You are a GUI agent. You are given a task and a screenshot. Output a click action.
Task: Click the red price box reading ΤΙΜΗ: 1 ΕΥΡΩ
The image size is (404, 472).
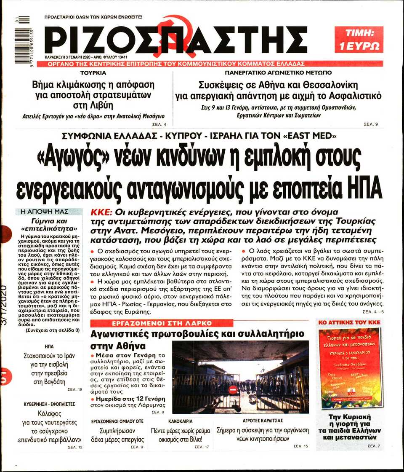tap(359, 39)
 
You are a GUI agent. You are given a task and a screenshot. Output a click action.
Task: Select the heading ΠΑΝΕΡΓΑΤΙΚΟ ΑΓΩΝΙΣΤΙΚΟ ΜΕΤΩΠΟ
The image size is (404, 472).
tap(278, 73)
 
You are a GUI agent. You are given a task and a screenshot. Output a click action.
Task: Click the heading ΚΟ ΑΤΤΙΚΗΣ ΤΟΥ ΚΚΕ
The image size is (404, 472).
tap(349, 323)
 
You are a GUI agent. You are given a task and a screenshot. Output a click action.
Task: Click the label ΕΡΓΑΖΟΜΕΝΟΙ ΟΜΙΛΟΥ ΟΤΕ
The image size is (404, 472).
tap(117, 421)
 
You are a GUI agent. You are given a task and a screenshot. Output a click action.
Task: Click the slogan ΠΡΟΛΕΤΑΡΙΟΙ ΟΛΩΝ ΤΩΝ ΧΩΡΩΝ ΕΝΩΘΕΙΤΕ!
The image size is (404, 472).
tap(93, 17)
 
